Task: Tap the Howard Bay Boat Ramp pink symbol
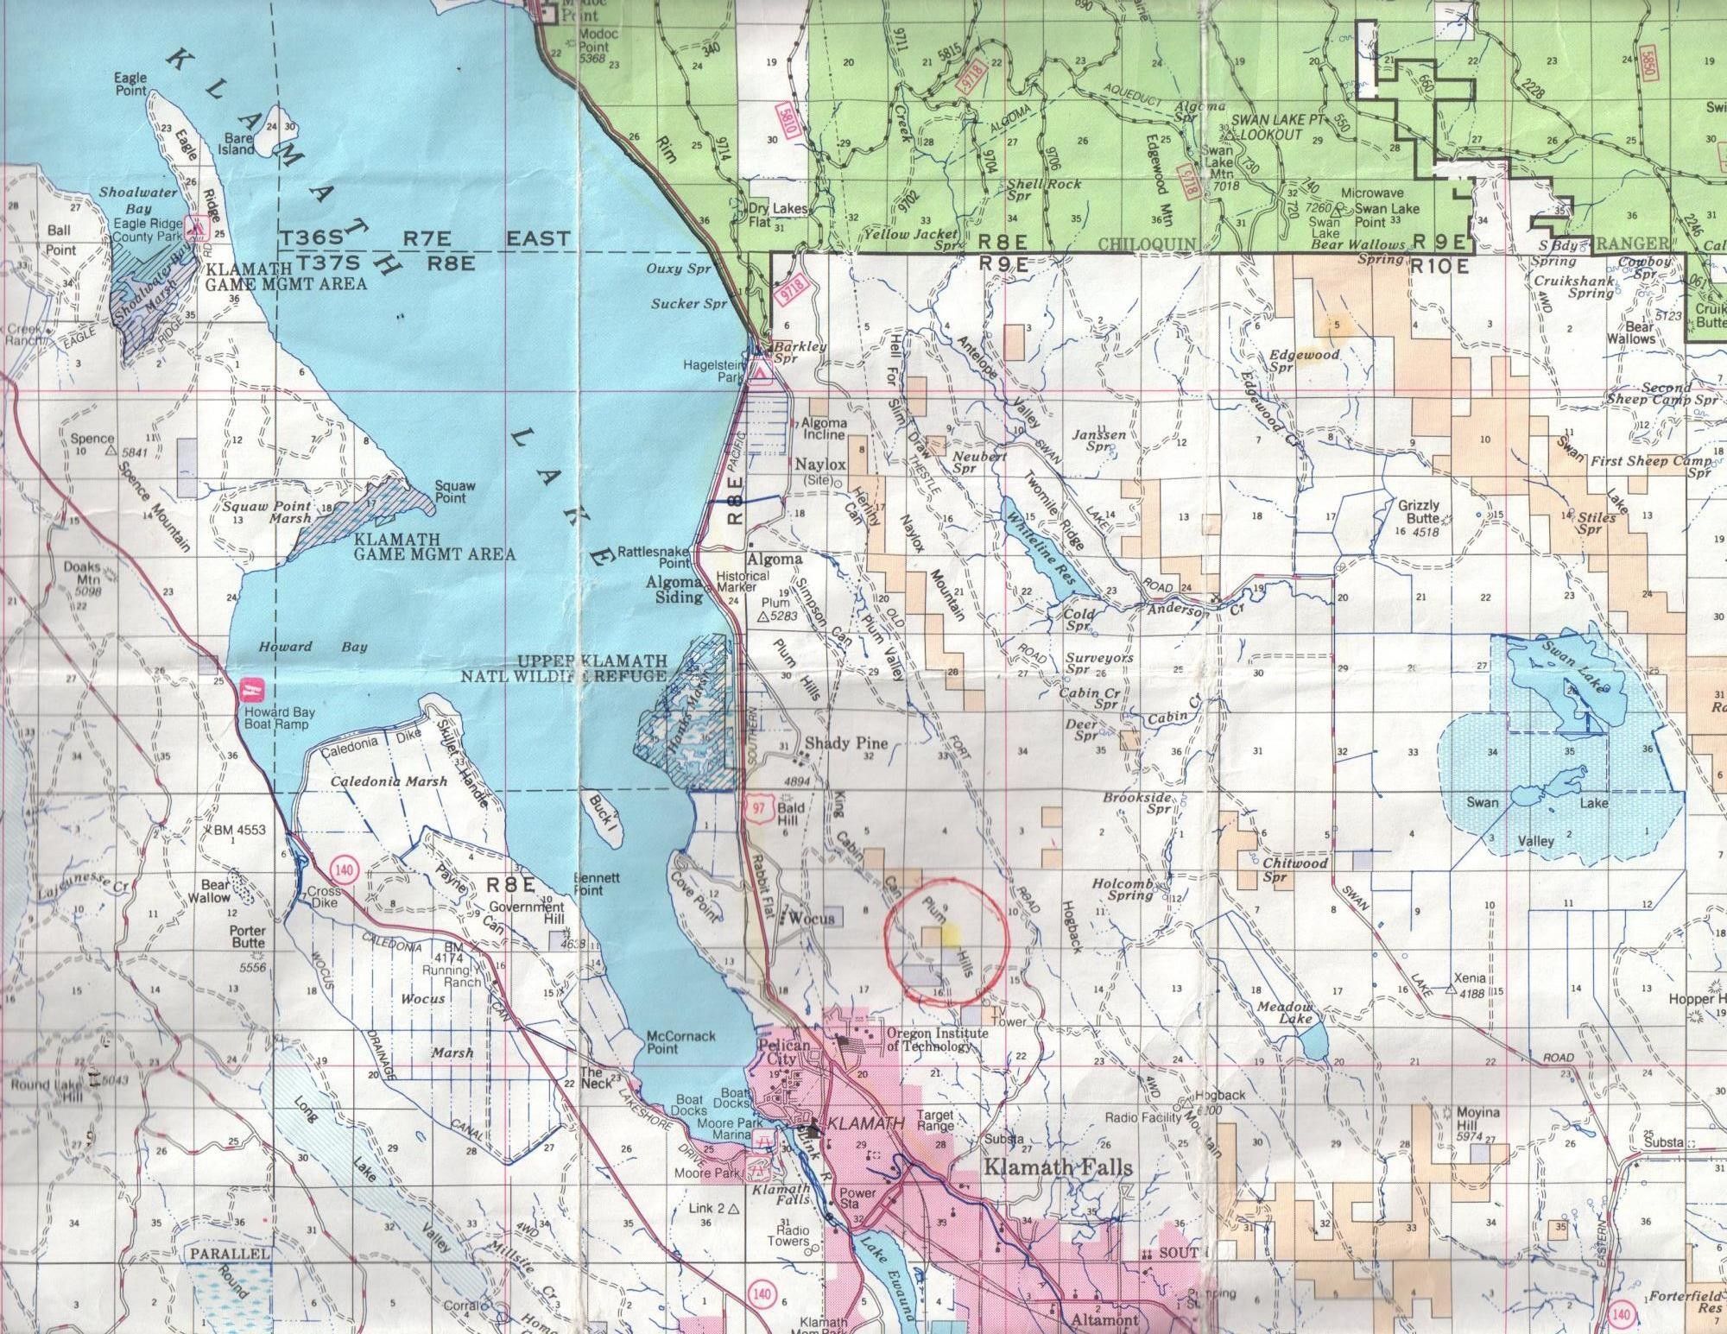point(251,690)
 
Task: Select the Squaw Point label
point(450,492)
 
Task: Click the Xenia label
point(1469,978)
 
